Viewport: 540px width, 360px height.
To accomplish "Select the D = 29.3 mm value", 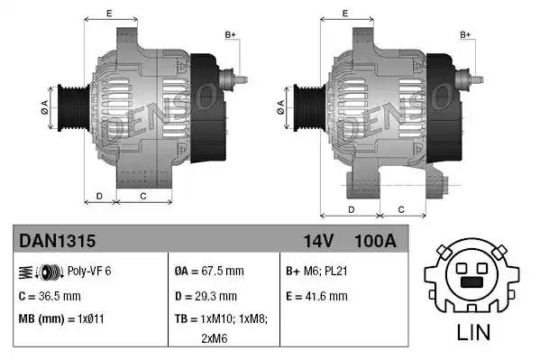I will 205,295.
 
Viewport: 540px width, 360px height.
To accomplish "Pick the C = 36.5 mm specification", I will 50,295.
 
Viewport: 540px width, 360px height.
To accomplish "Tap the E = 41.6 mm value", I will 316,295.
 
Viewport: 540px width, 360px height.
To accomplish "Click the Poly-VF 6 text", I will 91,271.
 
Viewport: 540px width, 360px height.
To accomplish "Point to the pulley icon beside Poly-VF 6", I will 50,271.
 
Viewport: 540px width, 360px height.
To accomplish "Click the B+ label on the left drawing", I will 230,34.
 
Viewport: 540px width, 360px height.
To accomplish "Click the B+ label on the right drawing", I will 466,34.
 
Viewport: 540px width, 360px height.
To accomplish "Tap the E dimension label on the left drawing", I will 109,14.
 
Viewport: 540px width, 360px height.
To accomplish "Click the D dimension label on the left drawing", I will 99,195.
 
